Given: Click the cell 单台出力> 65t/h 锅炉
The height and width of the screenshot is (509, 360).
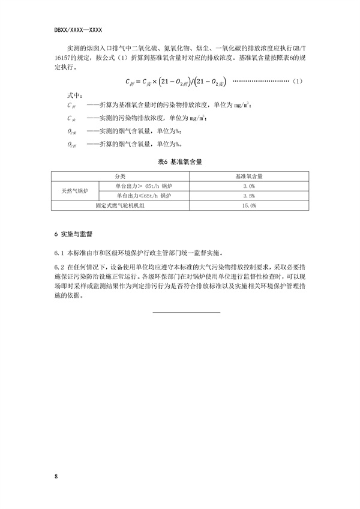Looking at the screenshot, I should [x=143, y=187].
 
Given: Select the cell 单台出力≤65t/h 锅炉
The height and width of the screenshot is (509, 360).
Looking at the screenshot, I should [x=143, y=196].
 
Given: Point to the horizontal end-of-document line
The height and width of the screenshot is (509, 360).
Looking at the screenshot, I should [x=187, y=312].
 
